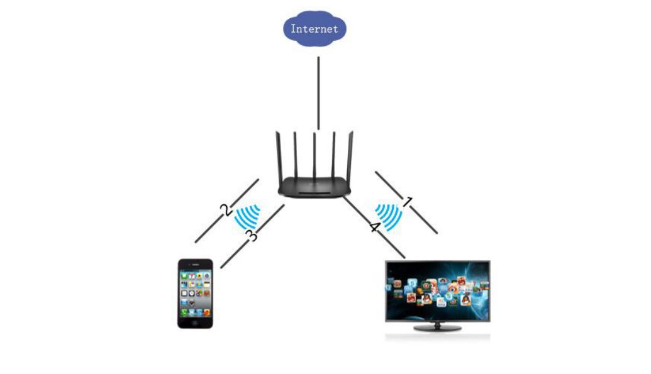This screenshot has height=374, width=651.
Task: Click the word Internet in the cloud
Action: (x=314, y=29)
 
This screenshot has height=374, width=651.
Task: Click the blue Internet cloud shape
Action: (x=314, y=28)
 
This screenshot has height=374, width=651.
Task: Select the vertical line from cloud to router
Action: (x=318, y=94)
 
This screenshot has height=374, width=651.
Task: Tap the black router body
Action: (x=314, y=187)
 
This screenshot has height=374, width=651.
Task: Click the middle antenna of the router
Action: (x=314, y=155)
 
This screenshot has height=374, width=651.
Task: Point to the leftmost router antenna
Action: (x=278, y=157)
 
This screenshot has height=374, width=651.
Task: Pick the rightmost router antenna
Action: (x=351, y=157)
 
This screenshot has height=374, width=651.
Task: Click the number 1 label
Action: (x=408, y=202)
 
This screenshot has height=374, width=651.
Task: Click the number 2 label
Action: (x=226, y=209)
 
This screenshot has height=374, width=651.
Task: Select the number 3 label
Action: (x=252, y=235)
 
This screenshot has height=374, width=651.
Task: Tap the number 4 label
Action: (x=375, y=227)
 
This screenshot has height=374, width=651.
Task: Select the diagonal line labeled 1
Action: (x=406, y=202)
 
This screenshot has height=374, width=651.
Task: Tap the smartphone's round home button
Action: (x=195, y=322)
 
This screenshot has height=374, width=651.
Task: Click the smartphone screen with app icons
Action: (x=195, y=293)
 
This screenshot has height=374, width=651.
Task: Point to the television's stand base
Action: (x=438, y=328)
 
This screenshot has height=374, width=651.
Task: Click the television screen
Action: (x=438, y=291)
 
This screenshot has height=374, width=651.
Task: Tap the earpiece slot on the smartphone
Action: (x=196, y=265)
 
